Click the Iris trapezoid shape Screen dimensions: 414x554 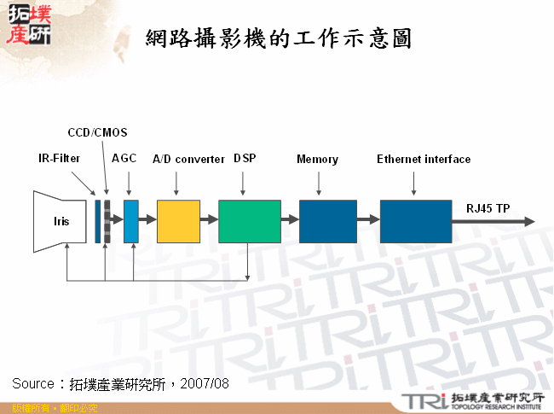(60, 220)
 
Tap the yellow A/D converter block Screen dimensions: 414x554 (178, 221)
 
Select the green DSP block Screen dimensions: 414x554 (249, 221)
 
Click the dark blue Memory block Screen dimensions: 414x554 (327, 221)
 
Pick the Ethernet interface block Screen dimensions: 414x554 (415, 221)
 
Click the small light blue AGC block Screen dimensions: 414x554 (130, 221)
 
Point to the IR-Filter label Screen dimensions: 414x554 (60, 159)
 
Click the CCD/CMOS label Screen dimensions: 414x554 (97, 132)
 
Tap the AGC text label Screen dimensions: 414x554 (124, 159)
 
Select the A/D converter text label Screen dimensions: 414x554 (188, 159)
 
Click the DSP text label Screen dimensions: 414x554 (245, 159)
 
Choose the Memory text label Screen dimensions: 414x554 (317, 159)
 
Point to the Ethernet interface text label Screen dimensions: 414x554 (424, 159)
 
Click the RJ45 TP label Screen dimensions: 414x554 (488, 207)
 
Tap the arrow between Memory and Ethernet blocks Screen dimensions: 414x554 (368, 221)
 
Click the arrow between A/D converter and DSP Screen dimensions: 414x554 (210, 221)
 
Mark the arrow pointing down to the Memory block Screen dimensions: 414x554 (319, 183)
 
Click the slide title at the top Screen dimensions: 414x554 (279, 38)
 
